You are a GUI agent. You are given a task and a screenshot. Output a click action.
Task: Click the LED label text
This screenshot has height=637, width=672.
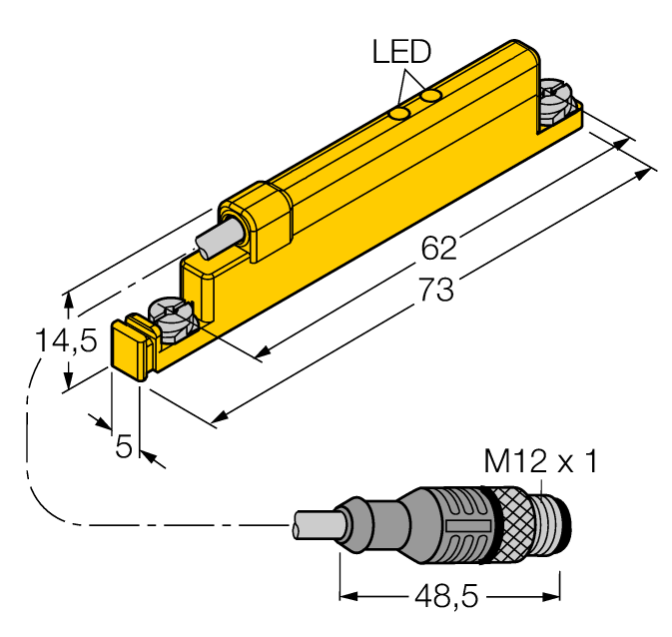pyautogui.click(x=402, y=52)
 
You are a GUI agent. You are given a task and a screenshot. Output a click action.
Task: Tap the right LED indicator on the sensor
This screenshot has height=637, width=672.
pyautogui.click(x=431, y=96)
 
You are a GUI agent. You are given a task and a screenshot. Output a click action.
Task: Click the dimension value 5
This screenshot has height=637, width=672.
pyautogui.click(x=124, y=446)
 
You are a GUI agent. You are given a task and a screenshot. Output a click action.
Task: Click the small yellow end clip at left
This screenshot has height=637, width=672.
pyautogui.click(x=131, y=346)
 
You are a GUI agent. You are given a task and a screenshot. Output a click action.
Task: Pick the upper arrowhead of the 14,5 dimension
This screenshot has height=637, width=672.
pyautogui.click(x=68, y=298)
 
